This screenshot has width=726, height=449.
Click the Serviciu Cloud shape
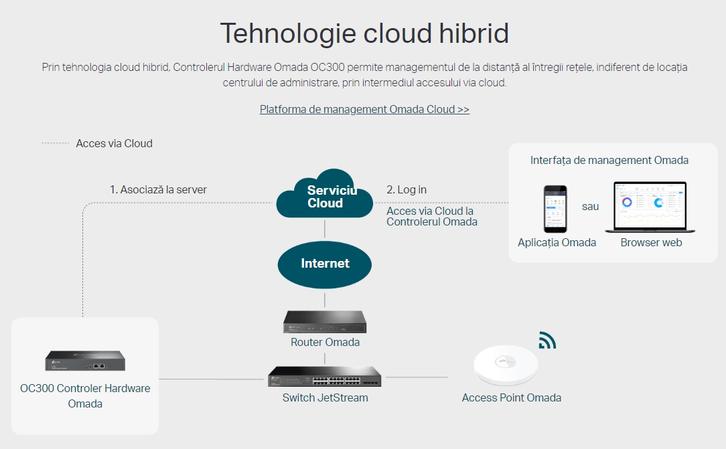[325, 194]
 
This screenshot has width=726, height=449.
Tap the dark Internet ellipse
[325, 264]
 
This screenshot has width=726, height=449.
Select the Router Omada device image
[325, 321]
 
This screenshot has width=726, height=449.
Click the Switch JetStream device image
[325, 377]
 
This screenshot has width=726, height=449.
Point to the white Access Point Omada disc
[506, 365]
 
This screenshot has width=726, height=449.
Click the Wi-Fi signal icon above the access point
[547, 341]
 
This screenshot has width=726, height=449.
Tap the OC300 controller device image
[85, 361]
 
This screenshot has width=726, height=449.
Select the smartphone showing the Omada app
[555, 209]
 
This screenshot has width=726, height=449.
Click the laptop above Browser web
[650, 207]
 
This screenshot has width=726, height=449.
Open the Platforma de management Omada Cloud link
[364, 110]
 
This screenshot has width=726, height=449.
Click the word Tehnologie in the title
[287, 33]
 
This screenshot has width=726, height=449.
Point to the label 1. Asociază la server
[158, 189]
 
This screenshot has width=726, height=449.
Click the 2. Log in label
[407, 189]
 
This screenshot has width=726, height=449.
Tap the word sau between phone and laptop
[590, 207]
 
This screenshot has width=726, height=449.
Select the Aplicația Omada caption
[557, 243]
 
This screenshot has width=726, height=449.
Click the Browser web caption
[651, 243]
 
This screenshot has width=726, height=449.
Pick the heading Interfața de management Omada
[609, 161]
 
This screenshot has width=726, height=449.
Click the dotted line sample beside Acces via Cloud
[55, 143]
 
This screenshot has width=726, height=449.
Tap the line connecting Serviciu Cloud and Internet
[325, 229]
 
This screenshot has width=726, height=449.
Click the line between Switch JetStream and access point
[417, 377]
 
